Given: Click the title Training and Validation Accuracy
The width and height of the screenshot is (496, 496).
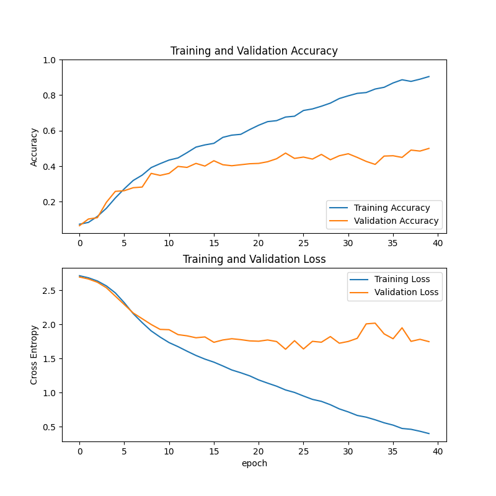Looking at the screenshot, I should coord(254,51).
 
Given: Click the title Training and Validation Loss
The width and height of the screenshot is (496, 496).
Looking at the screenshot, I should coord(254,259).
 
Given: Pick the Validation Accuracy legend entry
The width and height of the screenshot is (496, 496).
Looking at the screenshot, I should coord(396,221).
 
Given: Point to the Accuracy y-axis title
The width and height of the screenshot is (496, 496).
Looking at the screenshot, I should coord(34,147).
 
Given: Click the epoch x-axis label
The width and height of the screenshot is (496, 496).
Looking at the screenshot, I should coord(254,463).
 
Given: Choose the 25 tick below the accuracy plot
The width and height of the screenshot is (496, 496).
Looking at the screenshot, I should coord(303,243).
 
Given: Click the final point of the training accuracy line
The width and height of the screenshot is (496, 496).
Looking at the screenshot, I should coord(429,76).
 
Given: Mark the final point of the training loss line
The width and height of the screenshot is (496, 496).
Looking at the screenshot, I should coord(429,433).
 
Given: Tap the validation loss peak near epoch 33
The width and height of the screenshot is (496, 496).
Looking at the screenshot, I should coord(375,323).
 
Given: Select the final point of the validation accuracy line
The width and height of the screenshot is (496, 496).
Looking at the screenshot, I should coord(429,148).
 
